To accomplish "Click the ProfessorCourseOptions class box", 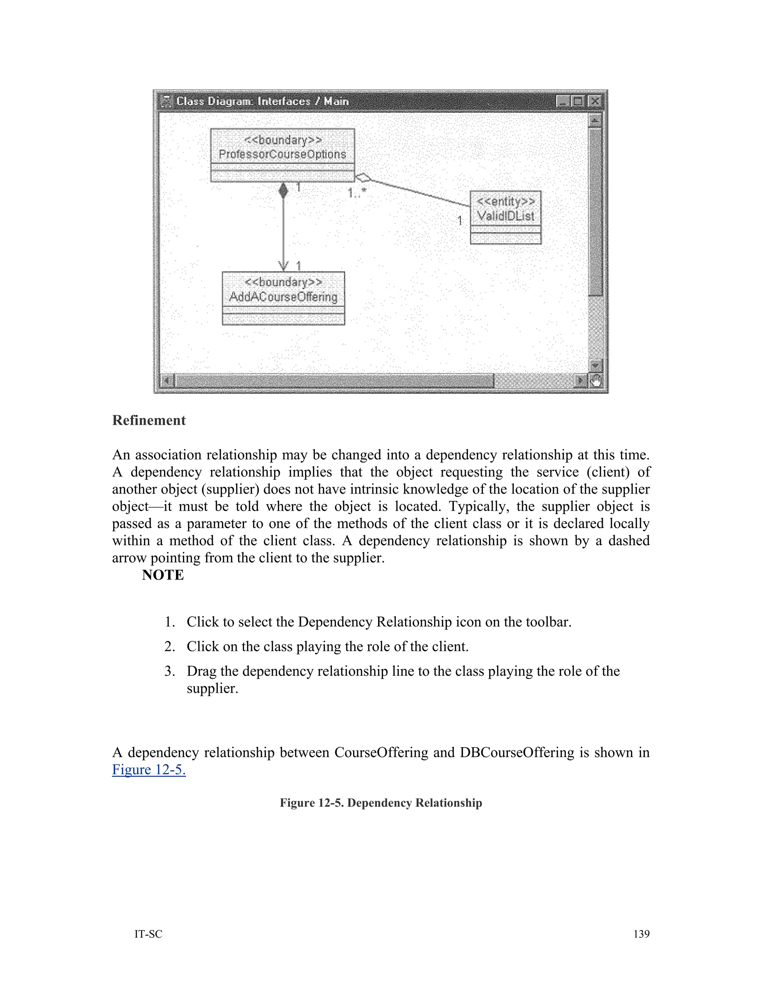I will (283, 155).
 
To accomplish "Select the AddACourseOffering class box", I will (283, 297).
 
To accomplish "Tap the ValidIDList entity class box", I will (506, 217).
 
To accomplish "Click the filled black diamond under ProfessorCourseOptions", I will (283, 190).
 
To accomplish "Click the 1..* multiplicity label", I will (356, 194).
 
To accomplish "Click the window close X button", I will (595, 101).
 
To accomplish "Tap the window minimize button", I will (563, 101).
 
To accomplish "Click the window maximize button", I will (578, 101).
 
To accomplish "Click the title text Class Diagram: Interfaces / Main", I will (262, 101).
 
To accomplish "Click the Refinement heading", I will (149, 420).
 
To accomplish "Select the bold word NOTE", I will (163, 575).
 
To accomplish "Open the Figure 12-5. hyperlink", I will (149, 769).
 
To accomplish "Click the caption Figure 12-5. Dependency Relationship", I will (381, 803).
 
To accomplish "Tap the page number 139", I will (641, 934).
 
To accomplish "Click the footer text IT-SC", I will (148, 934).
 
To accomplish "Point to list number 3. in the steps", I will (169, 671).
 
